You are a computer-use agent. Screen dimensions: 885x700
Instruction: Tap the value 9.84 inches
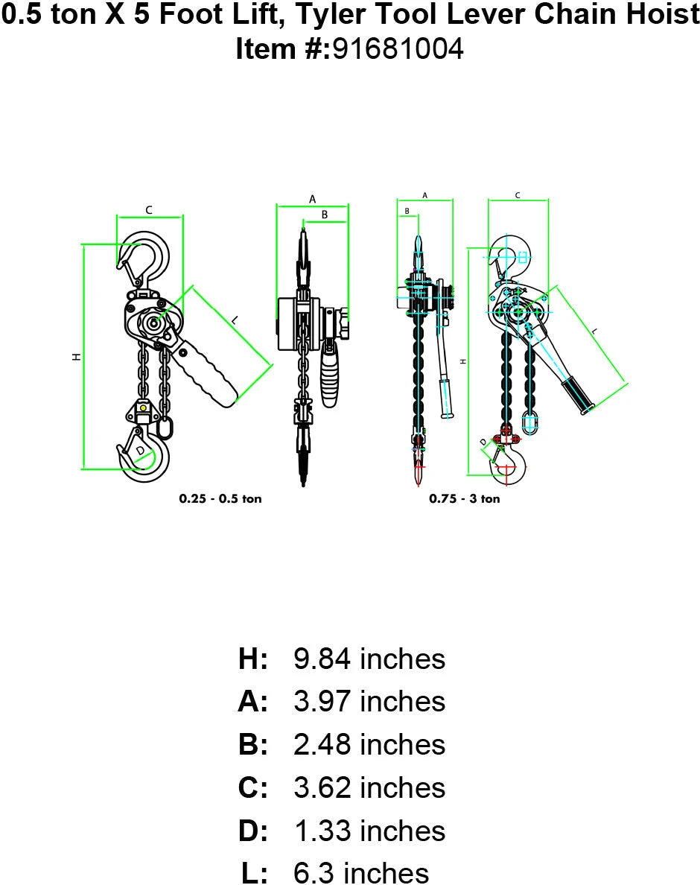pos(369,659)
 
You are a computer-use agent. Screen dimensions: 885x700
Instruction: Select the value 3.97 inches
pos(369,702)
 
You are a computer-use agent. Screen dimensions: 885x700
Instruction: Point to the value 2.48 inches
pos(369,745)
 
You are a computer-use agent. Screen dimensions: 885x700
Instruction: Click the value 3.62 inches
pos(369,787)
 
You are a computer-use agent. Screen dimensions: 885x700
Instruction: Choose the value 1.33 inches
pos(369,831)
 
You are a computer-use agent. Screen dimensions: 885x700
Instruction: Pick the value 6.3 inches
pos(361,873)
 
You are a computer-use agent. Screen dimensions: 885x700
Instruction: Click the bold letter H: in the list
pos(252,659)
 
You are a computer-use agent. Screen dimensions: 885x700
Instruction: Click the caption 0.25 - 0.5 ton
pos(220,498)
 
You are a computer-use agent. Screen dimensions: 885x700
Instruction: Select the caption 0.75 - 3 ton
pos(464,498)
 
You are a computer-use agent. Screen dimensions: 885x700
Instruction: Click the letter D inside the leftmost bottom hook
pos(140,451)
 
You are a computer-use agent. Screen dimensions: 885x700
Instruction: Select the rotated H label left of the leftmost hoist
pos(75,358)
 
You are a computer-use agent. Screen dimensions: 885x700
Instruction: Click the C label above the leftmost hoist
pos(148,210)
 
